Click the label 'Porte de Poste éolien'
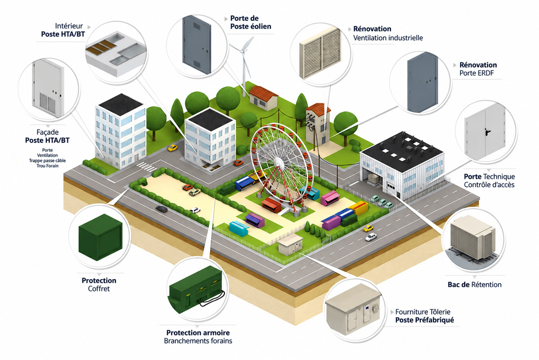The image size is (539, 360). point(251,22)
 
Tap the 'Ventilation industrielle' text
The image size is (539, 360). point(388,38)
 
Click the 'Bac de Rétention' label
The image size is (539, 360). point(475,285)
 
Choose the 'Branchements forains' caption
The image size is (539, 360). point(198,341)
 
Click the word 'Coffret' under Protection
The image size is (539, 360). point(99,289)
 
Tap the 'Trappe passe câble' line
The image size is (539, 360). point(47,161)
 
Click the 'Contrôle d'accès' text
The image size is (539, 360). point(489,185)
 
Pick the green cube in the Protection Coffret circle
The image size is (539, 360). point(100,237)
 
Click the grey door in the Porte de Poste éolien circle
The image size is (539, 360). point(197,44)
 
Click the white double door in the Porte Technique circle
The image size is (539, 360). point(485,131)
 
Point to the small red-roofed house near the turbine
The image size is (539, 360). point(264,98)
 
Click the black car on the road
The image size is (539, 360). point(162,209)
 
